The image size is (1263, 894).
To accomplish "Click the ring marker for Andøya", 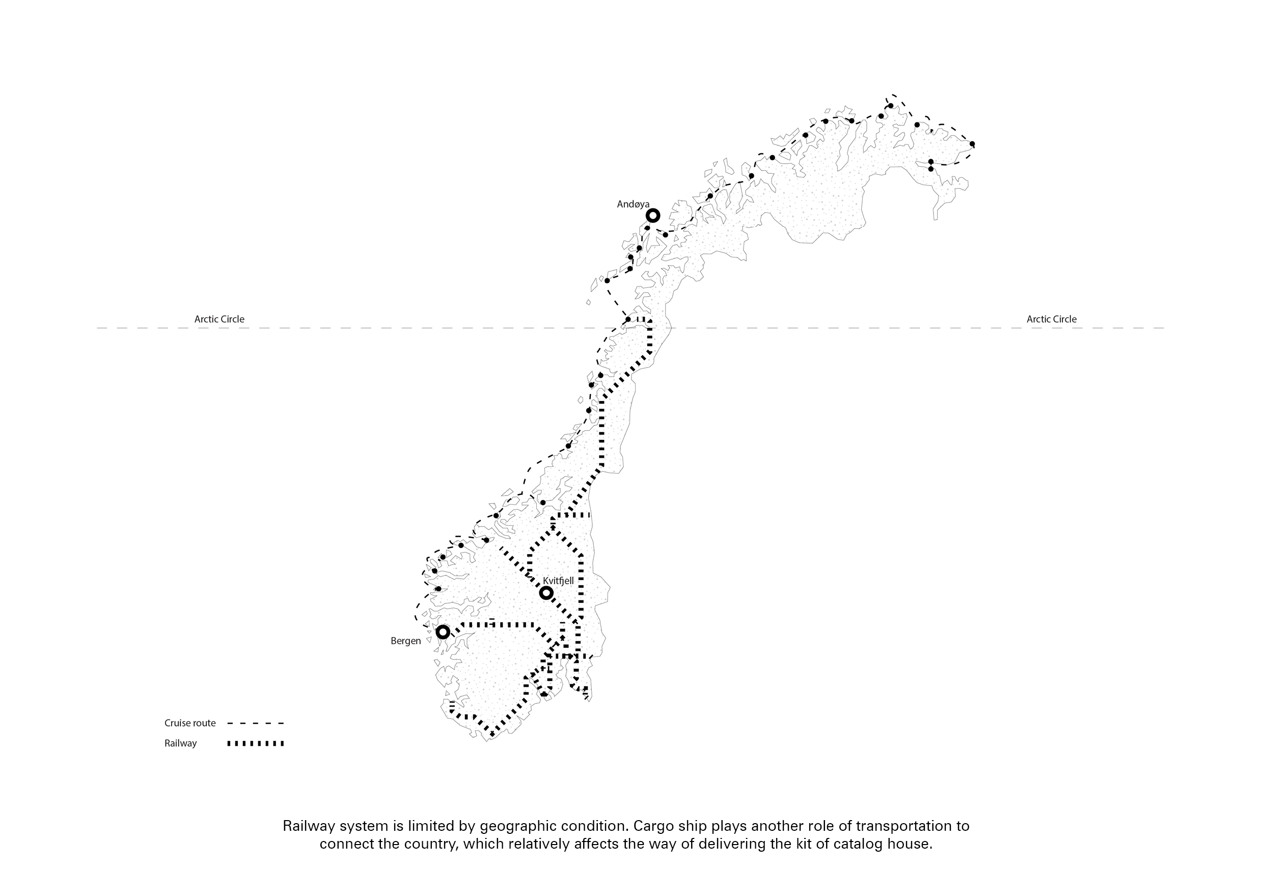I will (653, 215).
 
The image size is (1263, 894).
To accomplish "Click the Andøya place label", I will (633, 204).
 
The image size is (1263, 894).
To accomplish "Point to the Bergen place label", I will (406, 641).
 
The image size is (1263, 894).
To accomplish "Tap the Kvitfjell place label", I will (558, 581).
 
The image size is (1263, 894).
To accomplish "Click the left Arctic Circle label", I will (219, 319).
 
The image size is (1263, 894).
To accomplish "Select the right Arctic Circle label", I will (1052, 319).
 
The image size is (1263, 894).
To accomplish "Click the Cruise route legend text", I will (190, 723).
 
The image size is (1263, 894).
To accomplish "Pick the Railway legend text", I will (180, 744).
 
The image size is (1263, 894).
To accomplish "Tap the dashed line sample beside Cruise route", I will (256, 723).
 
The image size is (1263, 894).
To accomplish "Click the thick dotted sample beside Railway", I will (256, 744).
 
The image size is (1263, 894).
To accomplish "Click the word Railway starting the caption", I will (309, 826).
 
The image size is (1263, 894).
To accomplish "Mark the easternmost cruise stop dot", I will (972, 144).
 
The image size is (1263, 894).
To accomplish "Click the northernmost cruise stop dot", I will (891, 106).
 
